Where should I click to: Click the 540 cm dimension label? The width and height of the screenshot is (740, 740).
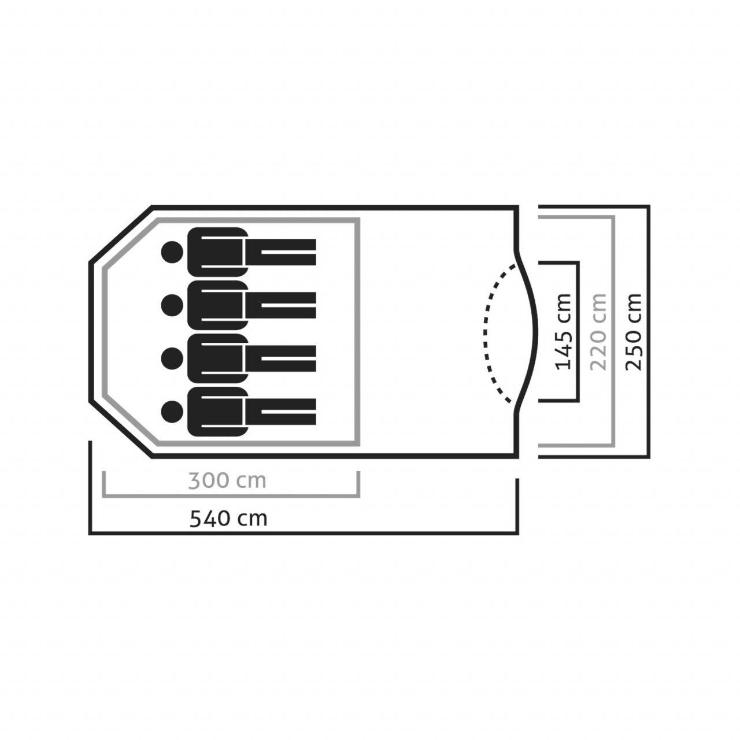coord(228,518)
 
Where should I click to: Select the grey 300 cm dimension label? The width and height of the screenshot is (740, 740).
coord(227,480)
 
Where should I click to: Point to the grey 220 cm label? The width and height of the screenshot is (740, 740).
coord(598,331)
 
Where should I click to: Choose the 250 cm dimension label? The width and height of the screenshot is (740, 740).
coord(634,331)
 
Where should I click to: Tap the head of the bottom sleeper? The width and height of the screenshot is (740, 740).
coord(172,411)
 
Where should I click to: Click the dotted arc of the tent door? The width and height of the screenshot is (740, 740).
coord(486,332)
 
